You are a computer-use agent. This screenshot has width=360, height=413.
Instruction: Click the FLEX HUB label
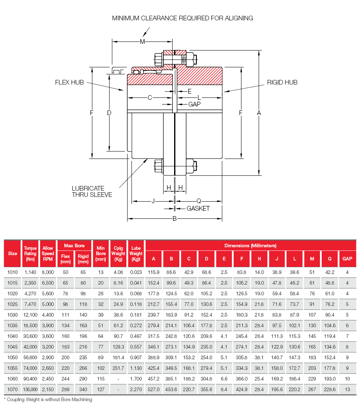[x=69, y=82]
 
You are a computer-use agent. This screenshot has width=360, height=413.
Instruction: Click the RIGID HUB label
[x=282, y=82]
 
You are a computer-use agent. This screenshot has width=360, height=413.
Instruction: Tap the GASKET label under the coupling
[x=198, y=208]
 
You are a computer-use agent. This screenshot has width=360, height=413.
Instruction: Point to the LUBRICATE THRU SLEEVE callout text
[x=92, y=191]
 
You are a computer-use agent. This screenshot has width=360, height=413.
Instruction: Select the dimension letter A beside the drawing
[x=259, y=113]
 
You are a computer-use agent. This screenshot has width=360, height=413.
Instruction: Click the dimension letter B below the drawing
[x=175, y=218]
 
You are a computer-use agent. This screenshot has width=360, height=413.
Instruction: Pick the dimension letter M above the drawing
[x=142, y=41]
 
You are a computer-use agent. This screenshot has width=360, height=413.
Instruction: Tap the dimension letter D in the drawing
[x=109, y=113]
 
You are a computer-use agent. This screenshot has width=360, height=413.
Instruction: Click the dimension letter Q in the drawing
[x=199, y=201]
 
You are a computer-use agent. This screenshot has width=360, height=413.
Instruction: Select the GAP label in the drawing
[x=194, y=104]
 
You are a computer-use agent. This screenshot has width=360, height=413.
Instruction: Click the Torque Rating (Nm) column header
[x=30, y=253]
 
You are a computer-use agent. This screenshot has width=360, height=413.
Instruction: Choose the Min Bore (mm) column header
[x=101, y=253]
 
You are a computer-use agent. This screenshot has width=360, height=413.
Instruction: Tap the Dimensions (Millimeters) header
[x=250, y=245]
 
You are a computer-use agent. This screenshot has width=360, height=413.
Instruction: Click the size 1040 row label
[x=13, y=336]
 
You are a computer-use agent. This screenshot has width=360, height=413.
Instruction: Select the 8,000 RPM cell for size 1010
[x=48, y=272]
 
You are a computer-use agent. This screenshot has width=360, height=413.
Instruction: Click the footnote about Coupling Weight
[x=48, y=400]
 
